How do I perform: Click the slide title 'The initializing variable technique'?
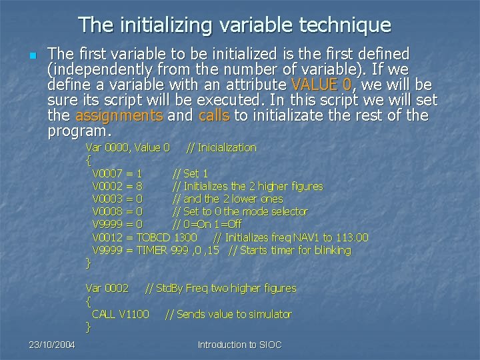[x=235, y=25]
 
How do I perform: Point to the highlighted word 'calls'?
[x=214, y=115]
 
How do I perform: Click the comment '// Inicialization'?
[x=221, y=147]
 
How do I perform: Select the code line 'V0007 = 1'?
[x=117, y=173]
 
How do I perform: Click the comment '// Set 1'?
[x=191, y=173]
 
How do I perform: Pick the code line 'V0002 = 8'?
[x=117, y=186]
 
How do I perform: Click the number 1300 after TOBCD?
[x=185, y=237]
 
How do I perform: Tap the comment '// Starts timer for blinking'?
[x=289, y=250]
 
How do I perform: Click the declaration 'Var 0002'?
[x=107, y=288]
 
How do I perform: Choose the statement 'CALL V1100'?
[x=121, y=314]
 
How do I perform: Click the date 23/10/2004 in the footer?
[x=51, y=345]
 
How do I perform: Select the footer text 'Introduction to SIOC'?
[x=240, y=345]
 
